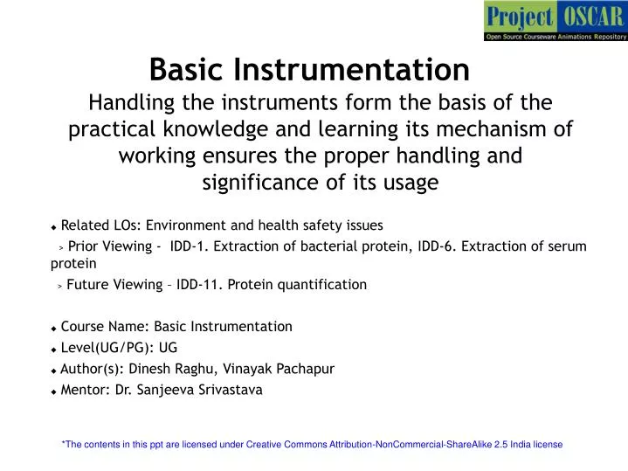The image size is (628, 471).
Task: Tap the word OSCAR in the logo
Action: click(592, 17)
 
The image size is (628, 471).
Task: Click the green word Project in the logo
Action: click(520, 17)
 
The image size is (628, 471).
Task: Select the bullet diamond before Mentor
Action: click(54, 391)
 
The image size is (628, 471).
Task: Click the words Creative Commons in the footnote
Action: click(286, 445)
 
